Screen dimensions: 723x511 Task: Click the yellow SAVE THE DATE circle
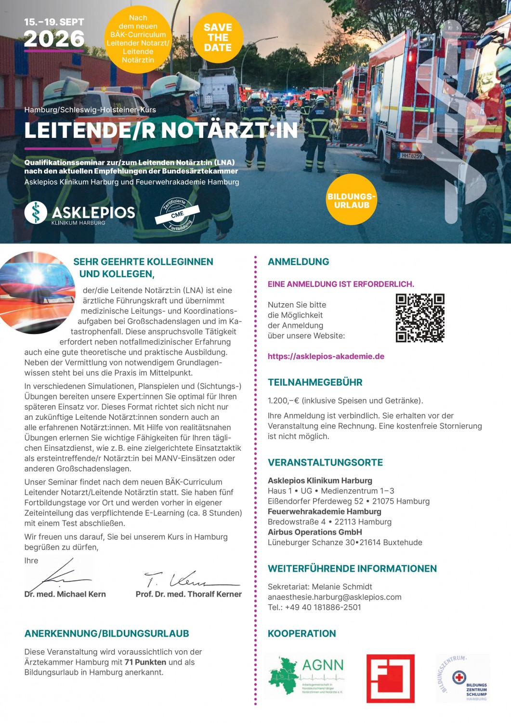click(218, 38)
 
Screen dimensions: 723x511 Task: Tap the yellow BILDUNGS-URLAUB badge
click(352, 200)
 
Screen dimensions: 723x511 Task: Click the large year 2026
click(54, 39)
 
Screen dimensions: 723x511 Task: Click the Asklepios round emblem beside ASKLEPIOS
click(36, 213)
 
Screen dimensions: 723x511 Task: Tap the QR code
click(419, 318)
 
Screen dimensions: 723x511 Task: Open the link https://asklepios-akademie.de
click(326, 357)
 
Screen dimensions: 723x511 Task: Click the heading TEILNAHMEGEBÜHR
click(315, 383)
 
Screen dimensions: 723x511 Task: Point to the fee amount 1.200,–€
click(284, 401)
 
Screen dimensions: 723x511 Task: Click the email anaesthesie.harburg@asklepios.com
click(334, 597)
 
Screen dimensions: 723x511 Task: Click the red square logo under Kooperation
click(390, 678)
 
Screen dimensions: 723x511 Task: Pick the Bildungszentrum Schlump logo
click(463, 678)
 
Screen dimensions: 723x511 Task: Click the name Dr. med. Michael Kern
click(65, 594)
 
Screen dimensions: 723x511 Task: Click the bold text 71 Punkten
click(145, 663)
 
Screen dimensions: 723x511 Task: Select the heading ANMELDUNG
click(299, 262)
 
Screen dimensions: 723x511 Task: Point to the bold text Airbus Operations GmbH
click(315, 532)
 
